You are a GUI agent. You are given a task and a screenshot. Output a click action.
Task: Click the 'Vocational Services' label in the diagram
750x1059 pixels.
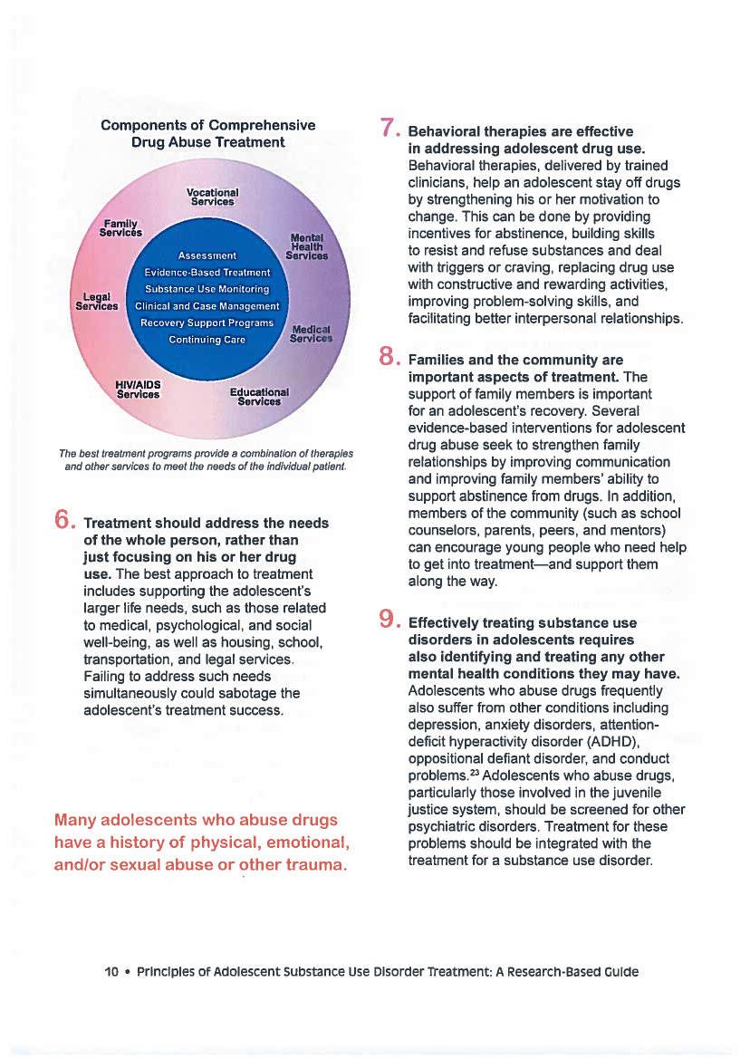tap(212, 197)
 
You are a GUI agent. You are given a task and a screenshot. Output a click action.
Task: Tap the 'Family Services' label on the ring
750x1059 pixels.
tap(120, 227)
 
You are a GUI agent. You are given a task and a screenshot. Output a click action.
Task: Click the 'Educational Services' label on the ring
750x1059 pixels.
tap(259, 397)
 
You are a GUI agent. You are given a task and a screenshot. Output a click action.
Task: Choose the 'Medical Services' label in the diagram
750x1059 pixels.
tap(311, 333)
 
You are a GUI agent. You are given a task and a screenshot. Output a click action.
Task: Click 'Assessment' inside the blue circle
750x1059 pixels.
tap(207, 255)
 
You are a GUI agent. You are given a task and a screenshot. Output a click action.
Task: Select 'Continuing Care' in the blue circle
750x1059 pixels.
tap(207, 340)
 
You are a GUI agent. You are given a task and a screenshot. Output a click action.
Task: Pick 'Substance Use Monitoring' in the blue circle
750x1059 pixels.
tap(207, 289)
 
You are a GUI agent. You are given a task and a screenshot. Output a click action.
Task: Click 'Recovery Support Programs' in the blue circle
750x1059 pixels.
tap(207, 323)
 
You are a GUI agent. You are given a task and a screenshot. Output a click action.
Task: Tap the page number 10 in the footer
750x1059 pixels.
tap(111, 972)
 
